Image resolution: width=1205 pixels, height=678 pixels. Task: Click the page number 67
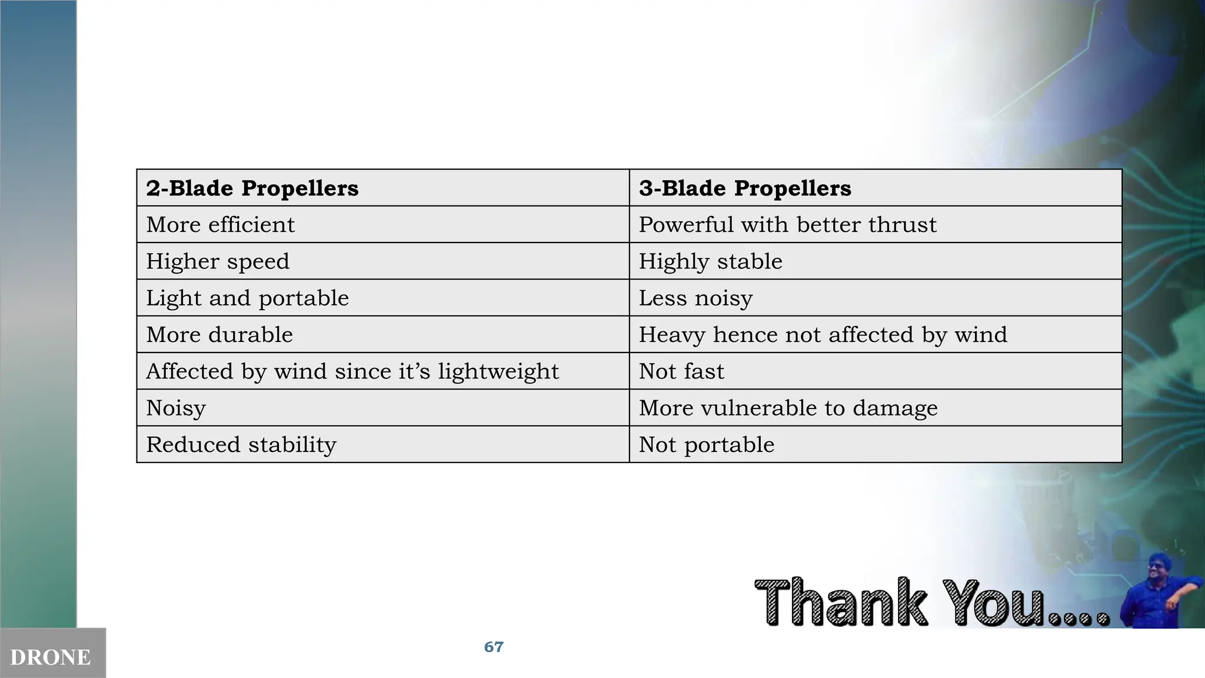(494, 647)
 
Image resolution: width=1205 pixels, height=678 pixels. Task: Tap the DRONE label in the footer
(51, 657)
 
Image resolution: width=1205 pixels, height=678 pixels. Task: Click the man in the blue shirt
(1159, 591)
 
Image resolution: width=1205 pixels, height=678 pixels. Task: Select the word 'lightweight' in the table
(498, 372)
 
